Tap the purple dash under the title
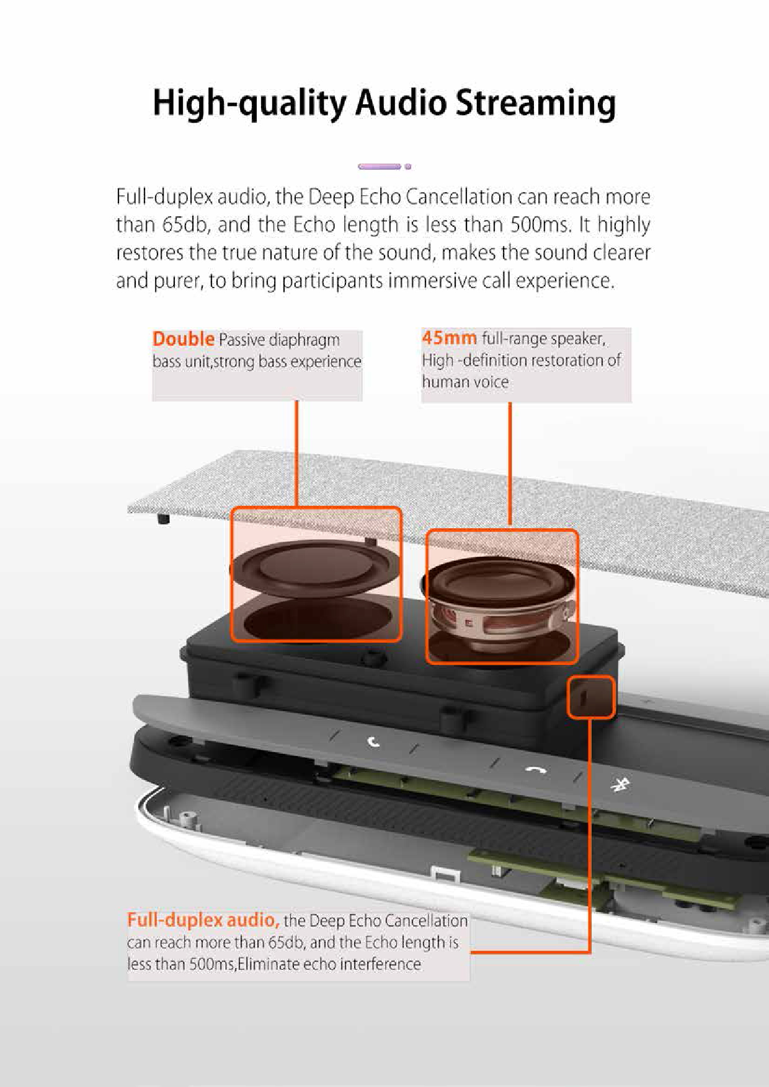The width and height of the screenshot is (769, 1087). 380,166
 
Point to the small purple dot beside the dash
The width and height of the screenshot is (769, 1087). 408,166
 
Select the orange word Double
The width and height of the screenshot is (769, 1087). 184,339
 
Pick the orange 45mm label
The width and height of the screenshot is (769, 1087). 449,338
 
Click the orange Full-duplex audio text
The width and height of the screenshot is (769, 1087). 203,920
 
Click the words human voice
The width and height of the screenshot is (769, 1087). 465,382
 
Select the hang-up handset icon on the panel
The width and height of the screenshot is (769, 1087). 536,770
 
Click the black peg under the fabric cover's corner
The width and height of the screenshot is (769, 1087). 163,518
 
